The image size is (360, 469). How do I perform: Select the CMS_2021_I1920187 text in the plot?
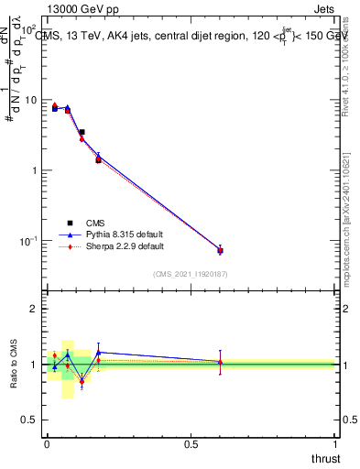coord(190,274)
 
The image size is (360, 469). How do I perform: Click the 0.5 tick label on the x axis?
coord(191,444)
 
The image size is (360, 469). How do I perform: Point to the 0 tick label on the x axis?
coord(47,444)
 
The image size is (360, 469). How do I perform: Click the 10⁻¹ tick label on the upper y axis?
coord(27,241)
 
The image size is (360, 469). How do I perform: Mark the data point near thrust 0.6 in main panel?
coord(220,250)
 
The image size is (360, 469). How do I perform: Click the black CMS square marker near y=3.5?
coord(82,132)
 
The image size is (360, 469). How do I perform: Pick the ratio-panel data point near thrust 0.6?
coord(220,363)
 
